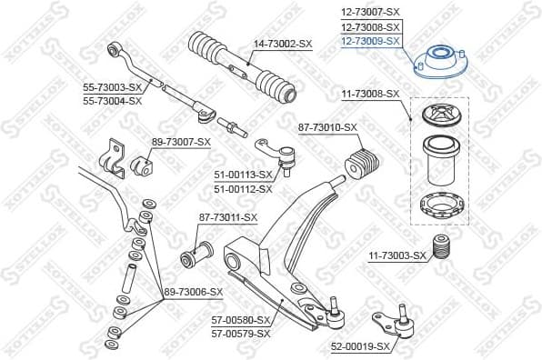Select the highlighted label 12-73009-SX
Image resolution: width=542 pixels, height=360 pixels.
pyautogui.click(x=370, y=41)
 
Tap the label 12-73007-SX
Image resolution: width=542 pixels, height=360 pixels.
pyautogui.click(x=370, y=11)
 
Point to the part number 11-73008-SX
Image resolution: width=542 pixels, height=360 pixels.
pyautogui.click(x=370, y=94)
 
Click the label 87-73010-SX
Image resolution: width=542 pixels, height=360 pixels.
pyautogui.click(x=327, y=127)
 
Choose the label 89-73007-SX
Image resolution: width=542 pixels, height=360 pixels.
pyautogui.click(x=181, y=142)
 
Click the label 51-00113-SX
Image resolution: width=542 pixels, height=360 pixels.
pyautogui.click(x=243, y=175)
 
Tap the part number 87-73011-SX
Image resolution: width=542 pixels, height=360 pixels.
pyautogui.click(x=228, y=217)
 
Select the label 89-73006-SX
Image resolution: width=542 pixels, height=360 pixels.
pyautogui.click(x=193, y=292)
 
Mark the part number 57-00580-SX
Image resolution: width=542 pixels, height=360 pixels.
pyautogui.click(x=241, y=320)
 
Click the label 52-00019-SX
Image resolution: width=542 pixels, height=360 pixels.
pyautogui.click(x=358, y=346)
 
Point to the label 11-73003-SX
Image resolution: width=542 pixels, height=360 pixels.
pyautogui.click(x=396, y=256)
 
